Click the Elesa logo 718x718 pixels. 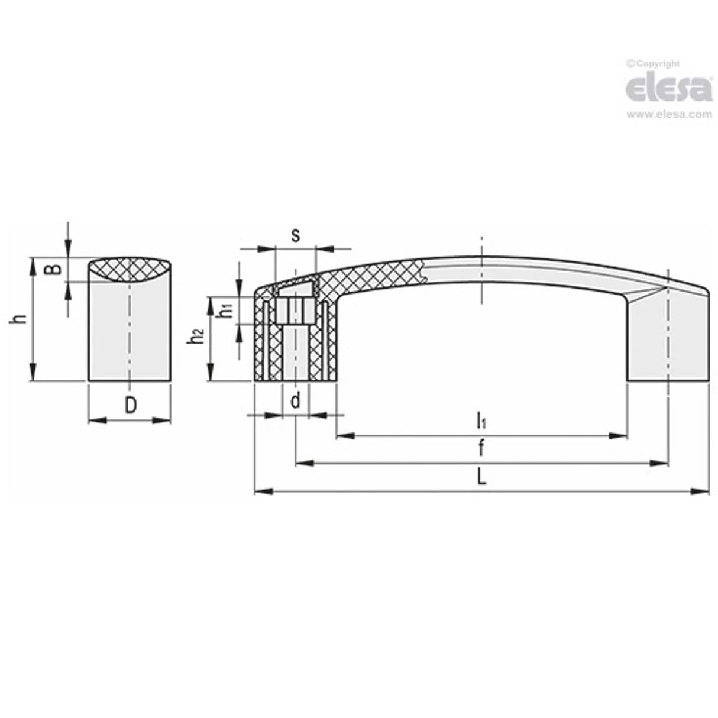pos(668,89)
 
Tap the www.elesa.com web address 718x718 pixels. pos(669,115)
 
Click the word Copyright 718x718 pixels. pos(656,63)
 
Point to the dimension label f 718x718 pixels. pos(481,449)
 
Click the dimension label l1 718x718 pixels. pos(481,421)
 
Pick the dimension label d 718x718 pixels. pos(295,402)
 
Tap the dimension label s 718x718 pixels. pos(296,235)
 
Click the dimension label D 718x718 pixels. pos(131,405)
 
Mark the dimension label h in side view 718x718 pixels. pos(21,319)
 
